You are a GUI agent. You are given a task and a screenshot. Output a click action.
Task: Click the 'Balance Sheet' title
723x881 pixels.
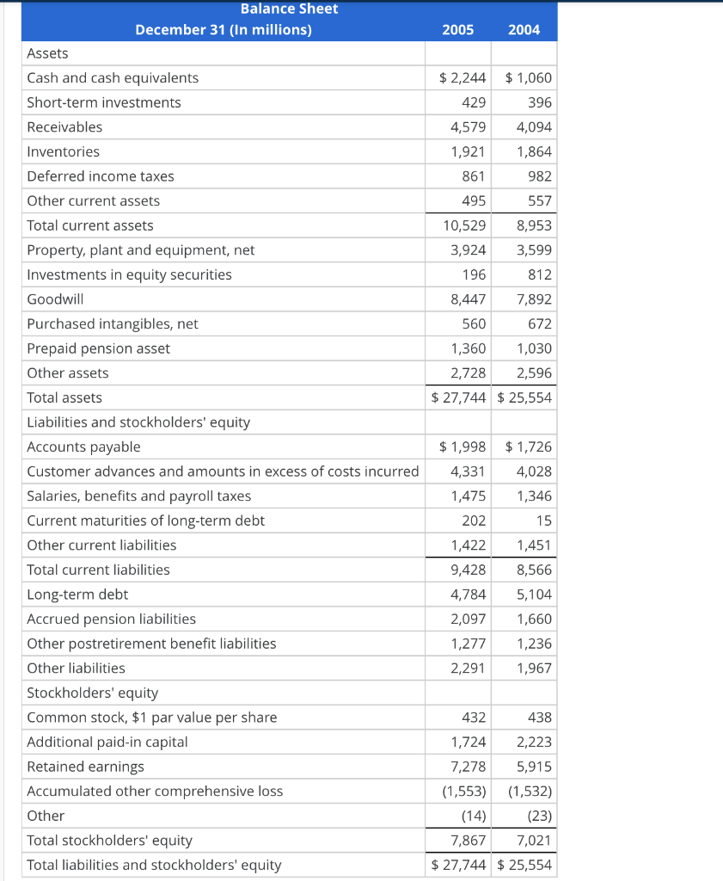tap(289, 9)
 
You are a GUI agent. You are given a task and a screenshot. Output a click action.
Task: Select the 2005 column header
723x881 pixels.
tap(457, 30)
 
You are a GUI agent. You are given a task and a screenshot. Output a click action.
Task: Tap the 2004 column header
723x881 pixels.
tap(524, 30)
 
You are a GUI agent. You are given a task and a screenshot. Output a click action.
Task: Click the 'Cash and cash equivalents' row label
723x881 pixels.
tap(113, 78)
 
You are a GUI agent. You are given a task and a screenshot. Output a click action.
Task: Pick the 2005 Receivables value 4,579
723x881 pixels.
tap(468, 127)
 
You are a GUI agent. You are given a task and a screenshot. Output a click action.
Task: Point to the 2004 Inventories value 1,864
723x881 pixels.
tap(534, 152)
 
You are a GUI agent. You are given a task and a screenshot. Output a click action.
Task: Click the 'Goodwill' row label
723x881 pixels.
tap(55, 299)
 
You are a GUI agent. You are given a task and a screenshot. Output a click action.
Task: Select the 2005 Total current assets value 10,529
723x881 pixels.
tap(464, 225)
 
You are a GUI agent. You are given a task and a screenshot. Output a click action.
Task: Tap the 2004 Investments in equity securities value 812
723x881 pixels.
tap(540, 275)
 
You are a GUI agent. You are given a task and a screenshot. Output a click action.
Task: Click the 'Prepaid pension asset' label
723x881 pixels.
tap(98, 348)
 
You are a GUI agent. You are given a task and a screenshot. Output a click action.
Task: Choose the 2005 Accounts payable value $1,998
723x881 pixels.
tap(463, 447)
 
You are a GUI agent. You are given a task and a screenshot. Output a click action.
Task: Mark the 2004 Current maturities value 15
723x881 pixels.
tap(543, 521)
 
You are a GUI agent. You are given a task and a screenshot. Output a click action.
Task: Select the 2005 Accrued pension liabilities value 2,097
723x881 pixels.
tap(468, 619)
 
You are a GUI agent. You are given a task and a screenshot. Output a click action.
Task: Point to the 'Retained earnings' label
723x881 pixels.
tap(85, 767)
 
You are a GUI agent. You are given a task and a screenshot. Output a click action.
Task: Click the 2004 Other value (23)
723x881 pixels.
tap(538, 816)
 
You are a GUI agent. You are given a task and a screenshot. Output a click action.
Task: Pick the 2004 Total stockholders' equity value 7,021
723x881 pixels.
tap(534, 841)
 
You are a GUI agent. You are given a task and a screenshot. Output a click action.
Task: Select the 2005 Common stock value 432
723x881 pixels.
tap(474, 718)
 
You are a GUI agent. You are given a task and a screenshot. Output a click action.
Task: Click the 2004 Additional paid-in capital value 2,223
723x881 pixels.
tap(534, 742)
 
